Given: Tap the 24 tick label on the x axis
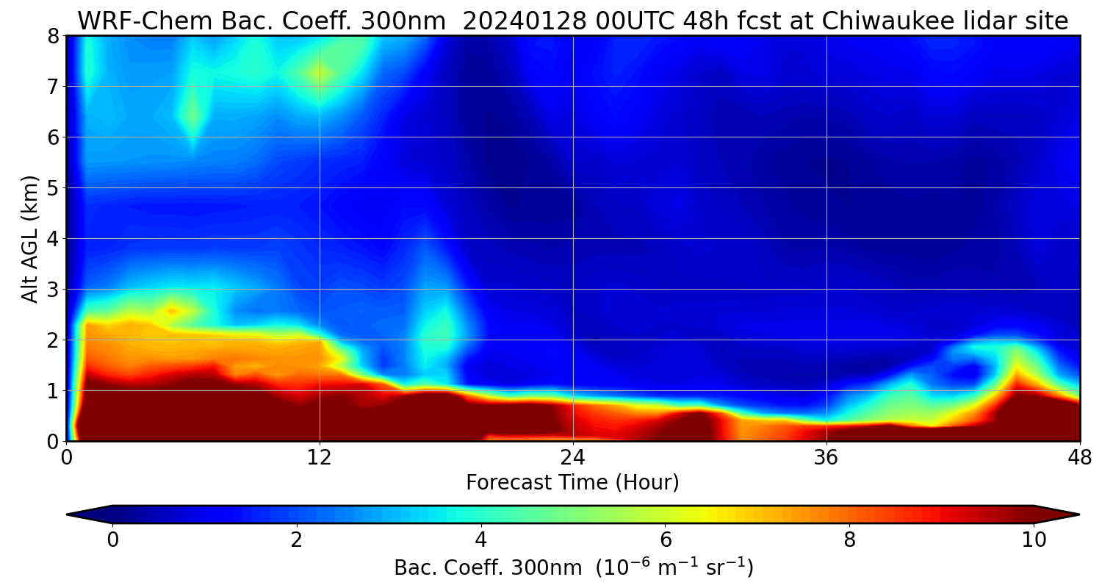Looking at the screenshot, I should click(573, 457).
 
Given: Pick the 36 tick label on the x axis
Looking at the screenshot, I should click(826, 457).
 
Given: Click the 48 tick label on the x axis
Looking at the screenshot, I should click(1079, 457).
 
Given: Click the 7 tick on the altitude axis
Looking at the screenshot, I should click(53, 87).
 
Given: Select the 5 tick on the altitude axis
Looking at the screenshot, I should click(53, 188).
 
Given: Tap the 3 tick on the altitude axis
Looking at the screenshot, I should click(53, 290).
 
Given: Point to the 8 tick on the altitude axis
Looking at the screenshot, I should click(53, 36).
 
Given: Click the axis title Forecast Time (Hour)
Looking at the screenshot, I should click(572, 483).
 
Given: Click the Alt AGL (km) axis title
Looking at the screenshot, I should click(30, 239).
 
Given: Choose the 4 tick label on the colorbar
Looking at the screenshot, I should click(481, 539).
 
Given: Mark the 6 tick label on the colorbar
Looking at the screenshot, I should click(666, 539).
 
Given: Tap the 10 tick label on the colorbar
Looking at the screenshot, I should click(1034, 539).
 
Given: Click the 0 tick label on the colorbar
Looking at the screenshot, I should click(112, 539).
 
